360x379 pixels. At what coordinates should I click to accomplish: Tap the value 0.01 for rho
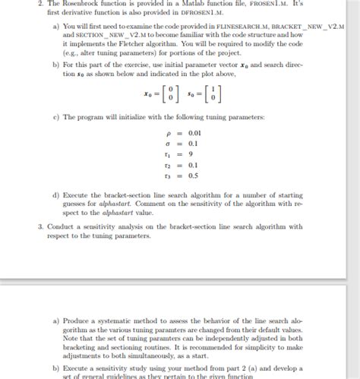[192, 132]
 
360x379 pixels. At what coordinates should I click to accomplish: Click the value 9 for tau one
[188, 153]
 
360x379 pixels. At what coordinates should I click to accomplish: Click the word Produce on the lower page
[79, 321]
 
